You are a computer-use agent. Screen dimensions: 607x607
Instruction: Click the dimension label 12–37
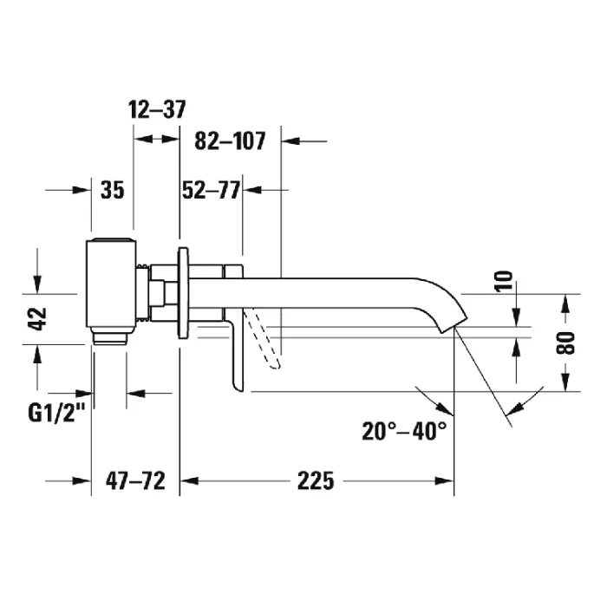pyautogui.click(x=157, y=109)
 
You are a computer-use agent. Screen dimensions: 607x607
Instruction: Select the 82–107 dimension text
pyautogui.click(x=230, y=140)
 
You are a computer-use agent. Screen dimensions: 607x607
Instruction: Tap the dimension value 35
pyautogui.click(x=112, y=190)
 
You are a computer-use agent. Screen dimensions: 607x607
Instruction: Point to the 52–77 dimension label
pyautogui.click(x=211, y=190)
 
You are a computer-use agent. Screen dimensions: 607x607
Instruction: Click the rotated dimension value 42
pyautogui.click(x=37, y=319)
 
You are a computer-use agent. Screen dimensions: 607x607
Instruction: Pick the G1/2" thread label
pyautogui.click(x=56, y=413)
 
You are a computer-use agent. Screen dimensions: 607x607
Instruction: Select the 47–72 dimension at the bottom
pyautogui.click(x=135, y=480)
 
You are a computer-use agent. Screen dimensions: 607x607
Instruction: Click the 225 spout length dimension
pyautogui.click(x=316, y=480)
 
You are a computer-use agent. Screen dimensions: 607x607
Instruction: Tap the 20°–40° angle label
pyautogui.click(x=404, y=431)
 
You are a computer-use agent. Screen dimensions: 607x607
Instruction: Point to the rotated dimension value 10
pyautogui.click(x=504, y=281)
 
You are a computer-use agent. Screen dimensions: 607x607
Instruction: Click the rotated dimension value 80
pyautogui.click(x=565, y=343)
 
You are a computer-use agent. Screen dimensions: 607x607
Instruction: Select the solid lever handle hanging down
pyautogui.click(x=237, y=350)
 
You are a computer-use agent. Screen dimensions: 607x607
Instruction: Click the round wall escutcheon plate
pyautogui.click(x=183, y=293)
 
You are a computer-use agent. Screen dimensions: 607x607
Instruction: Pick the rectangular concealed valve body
pyautogui.click(x=111, y=285)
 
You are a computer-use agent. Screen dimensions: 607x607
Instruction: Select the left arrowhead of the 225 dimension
pyautogui.click(x=190, y=480)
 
